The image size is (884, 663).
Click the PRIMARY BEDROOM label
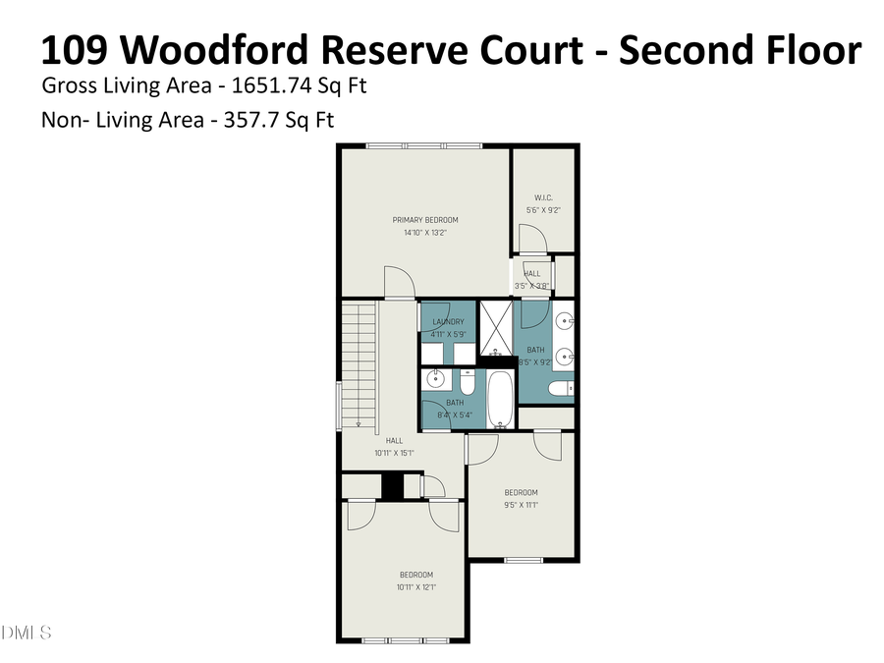pos(425,220)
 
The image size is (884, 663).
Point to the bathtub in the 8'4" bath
pos(500,400)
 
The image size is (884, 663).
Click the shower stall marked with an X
pos(495,327)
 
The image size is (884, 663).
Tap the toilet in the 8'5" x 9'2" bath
pos(561,390)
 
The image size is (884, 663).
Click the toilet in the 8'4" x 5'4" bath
pos(468,381)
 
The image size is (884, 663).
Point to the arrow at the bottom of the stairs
pos(359,423)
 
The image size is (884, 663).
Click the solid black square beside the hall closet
pos(393,486)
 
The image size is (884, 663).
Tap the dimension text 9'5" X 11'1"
pos(521,506)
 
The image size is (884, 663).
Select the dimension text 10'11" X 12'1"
pos(415,587)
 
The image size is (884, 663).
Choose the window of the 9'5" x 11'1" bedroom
pos(523,560)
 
